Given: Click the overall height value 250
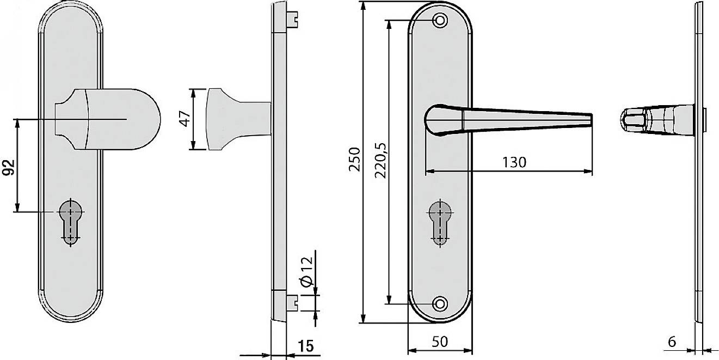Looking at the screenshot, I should point(354,160).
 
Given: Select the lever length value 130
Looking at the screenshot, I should point(514,162).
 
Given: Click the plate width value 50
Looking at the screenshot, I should point(440,341).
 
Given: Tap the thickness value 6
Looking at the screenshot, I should point(672,341).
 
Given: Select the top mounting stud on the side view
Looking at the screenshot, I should point(292,20).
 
